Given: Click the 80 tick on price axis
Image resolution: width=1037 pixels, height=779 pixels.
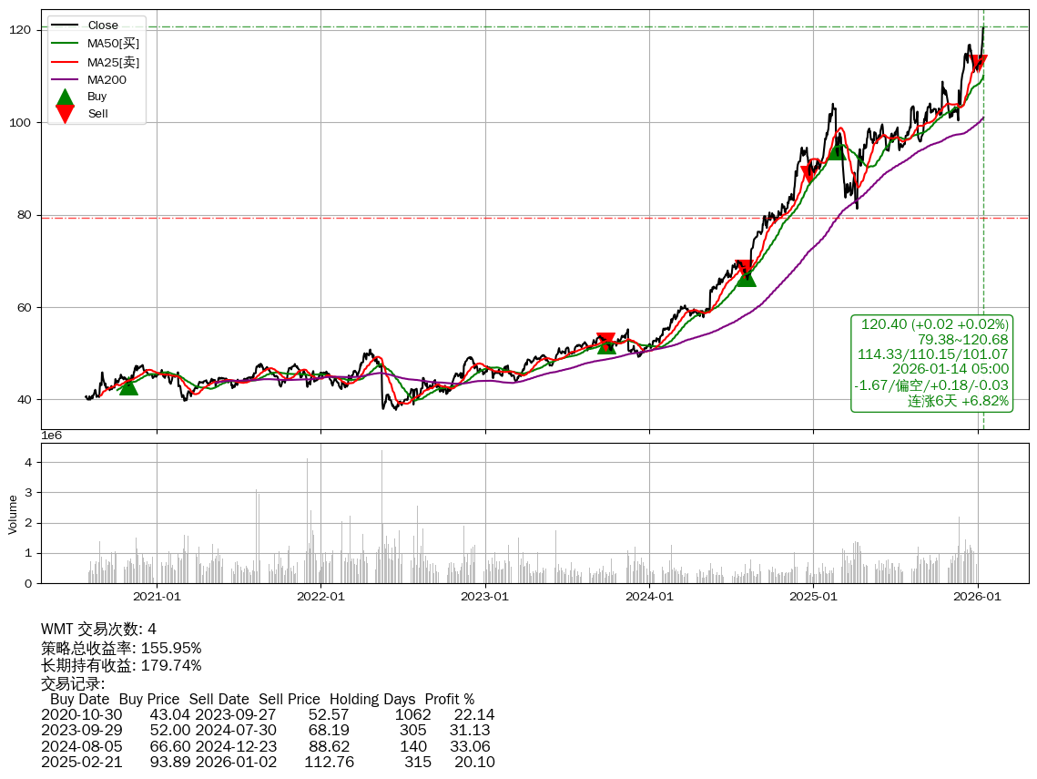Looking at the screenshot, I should [x=24, y=215].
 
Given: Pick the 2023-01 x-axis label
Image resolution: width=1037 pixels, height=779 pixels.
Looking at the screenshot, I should [x=485, y=597].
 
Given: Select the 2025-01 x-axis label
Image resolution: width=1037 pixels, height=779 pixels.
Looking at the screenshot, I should [x=813, y=597].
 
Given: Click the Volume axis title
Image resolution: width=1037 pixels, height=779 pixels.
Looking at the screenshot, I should [x=13, y=514].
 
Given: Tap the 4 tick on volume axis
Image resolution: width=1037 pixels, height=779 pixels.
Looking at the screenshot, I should [x=28, y=462].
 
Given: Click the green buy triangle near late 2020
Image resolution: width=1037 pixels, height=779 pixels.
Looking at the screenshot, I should [x=128, y=386].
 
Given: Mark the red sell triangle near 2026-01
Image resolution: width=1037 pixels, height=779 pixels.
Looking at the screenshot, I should [x=979, y=63].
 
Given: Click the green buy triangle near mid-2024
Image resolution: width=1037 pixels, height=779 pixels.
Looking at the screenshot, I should [x=746, y=276].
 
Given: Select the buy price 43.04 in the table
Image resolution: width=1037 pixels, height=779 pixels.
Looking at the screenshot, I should [x=170, y=715].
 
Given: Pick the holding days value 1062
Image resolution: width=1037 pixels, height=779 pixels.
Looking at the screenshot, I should [x=412, y=715].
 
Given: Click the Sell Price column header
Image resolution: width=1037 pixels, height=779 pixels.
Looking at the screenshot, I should [x=289, y=700].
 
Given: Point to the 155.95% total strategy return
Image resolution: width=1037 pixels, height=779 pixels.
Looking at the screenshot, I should [x=171, y=648].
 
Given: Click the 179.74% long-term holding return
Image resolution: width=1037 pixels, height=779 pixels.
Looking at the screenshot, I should [x=171, y=666].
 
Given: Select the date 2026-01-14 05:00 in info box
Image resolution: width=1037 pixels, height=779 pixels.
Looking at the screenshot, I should [x=951, y=369].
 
